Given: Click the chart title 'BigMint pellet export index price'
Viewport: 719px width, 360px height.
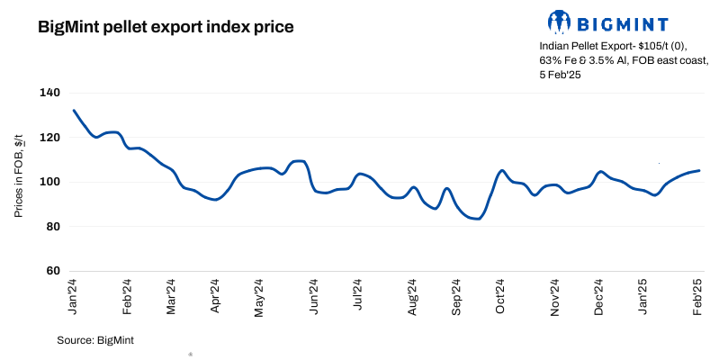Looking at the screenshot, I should tap(166, 27).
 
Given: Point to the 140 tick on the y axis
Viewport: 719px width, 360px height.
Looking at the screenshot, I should tap(49, 93).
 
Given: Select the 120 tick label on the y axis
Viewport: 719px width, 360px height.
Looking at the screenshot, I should tap(49, 138).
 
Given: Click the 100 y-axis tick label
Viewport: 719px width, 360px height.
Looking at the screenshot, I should tap(49, 182).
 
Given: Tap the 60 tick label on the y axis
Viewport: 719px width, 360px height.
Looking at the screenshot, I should tap(52, 271).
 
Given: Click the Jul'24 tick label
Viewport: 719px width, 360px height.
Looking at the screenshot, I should tap(357, 295).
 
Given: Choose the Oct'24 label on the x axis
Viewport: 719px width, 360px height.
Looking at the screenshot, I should tap(501, 295).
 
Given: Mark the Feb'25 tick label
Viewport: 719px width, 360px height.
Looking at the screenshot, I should tap(698, 295).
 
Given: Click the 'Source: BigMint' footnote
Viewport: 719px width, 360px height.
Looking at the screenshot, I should tap(95, 340).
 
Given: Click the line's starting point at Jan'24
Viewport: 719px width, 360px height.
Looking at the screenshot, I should tap(73, 111).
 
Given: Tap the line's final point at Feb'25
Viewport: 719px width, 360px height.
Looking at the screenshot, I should tap(699, 170).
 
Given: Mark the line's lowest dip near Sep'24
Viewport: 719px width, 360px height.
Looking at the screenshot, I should tap(477, 219).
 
